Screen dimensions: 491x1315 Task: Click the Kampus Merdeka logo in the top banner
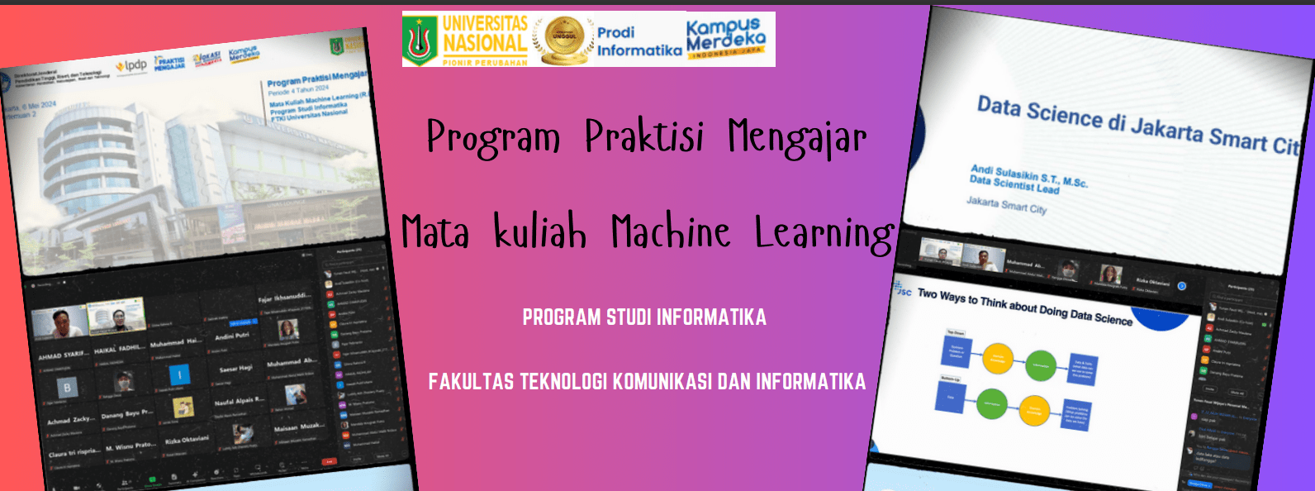(x=725, y=37)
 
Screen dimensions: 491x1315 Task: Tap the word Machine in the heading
(x=671, y=231)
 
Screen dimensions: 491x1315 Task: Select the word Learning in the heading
(x=824, y=234)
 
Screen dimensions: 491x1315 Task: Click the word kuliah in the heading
(x=540, y=232)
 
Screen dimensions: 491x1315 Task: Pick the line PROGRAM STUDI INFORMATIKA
(x=644, y=317)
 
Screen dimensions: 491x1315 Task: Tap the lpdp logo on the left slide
(x=131, y=65)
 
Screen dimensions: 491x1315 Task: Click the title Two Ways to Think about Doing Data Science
(x=1024, y=307)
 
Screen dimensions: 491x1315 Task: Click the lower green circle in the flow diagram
(x=990, y=404)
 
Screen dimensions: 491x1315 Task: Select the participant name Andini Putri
(x=231, y=336)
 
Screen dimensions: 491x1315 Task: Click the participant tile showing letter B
(x=68, y=387)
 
